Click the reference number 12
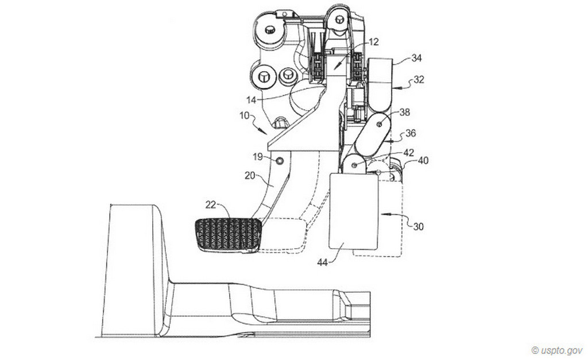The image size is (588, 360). point(373,41)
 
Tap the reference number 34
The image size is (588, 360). point(416,58)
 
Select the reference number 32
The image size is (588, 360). point(419,79)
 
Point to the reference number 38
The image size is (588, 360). point(405,112)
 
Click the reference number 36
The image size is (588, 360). point(411,133)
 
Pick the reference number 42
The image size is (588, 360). point(408,153)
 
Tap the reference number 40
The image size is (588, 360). point(423,161)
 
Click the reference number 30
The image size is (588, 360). point(418,226)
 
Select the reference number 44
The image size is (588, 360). point(323,262)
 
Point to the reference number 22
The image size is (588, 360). point(211,204)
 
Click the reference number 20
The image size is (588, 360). point(250,175)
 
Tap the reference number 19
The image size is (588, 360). point(258,156)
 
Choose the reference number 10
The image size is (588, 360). point(244,115)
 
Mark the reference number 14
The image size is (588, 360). point(252,100)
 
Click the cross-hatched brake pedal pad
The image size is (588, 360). point(229,235)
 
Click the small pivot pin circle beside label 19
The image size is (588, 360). point(280,161)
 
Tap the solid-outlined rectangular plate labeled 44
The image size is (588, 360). point(353,211)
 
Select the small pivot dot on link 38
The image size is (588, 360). point(380,124)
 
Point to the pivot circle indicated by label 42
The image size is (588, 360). point(354,165)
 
